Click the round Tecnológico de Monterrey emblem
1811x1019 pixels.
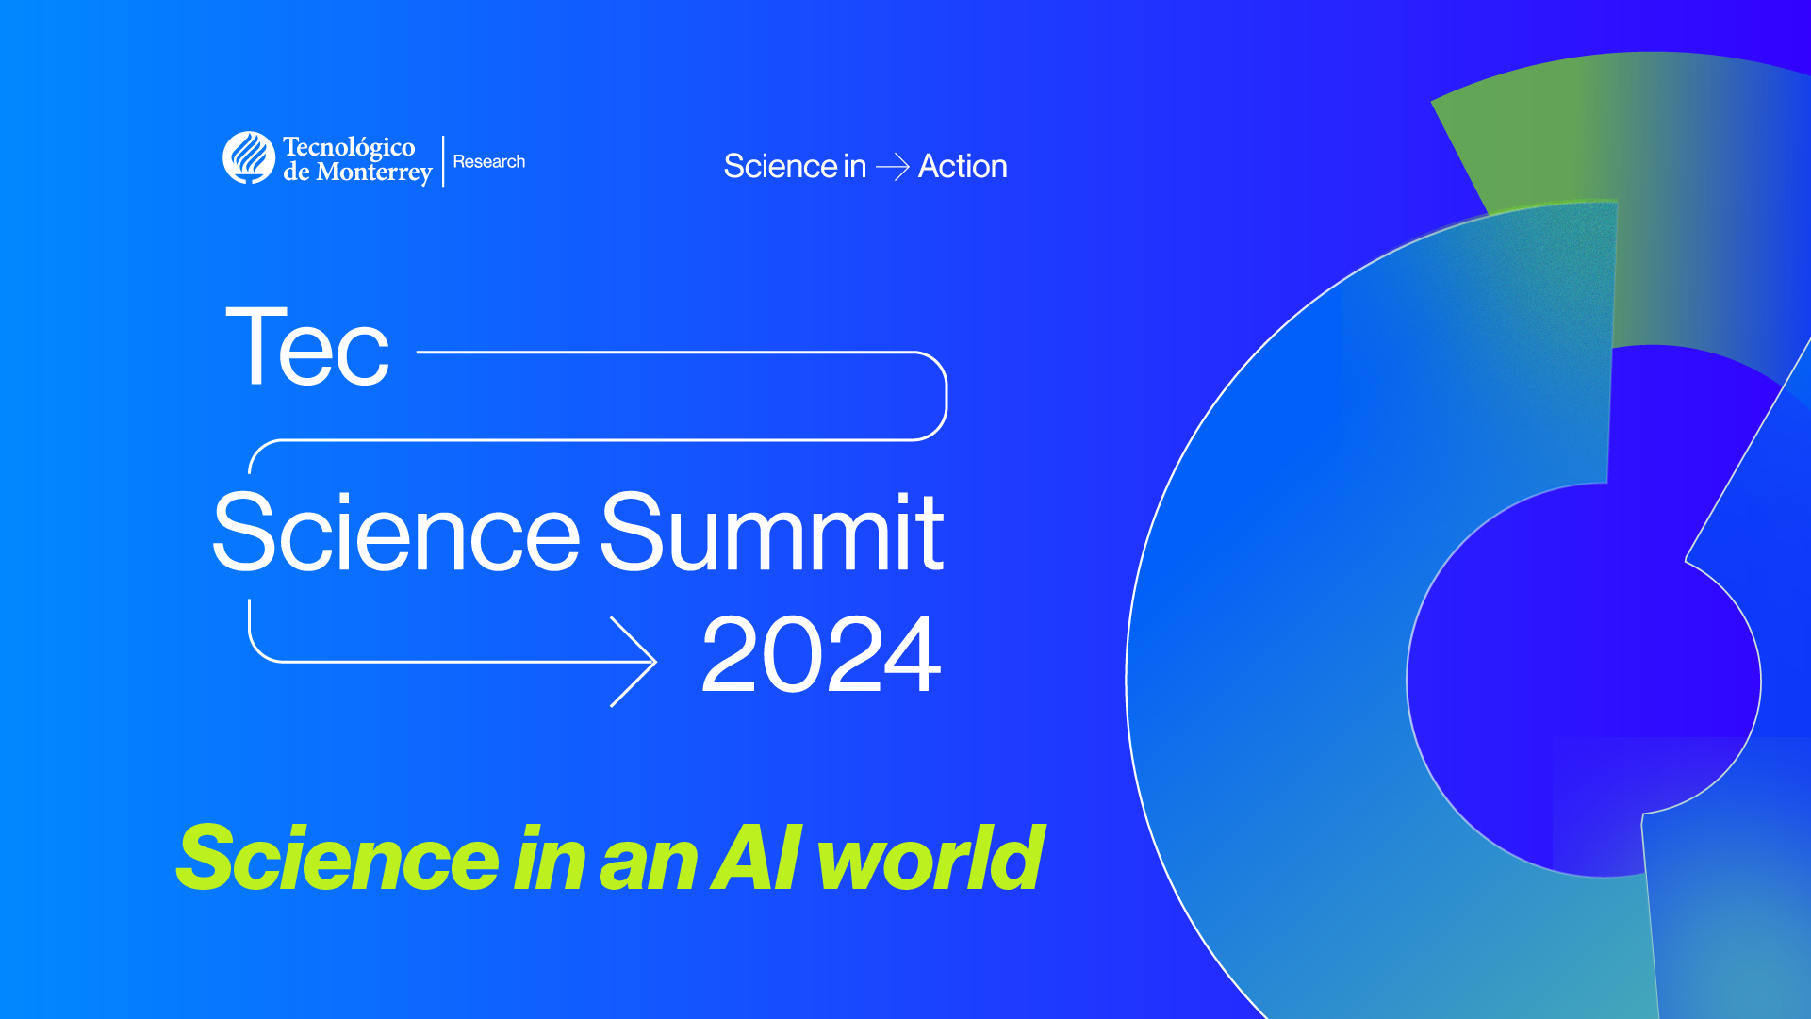(249, 157)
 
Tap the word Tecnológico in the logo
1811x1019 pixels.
(349, 147)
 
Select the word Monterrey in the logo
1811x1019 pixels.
(374, 173)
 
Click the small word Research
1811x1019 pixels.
(488, 161)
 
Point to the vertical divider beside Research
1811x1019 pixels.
(443, 160)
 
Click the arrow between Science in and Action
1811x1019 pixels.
(892, 168)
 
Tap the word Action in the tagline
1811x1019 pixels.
(963, 167)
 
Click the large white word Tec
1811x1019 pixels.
(307, 348)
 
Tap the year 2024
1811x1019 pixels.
(820, 655)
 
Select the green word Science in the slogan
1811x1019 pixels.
(338, 859)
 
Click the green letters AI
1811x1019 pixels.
(756, 857)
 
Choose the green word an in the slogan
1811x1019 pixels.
(649, 863)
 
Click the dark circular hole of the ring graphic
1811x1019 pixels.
(1584, 679)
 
